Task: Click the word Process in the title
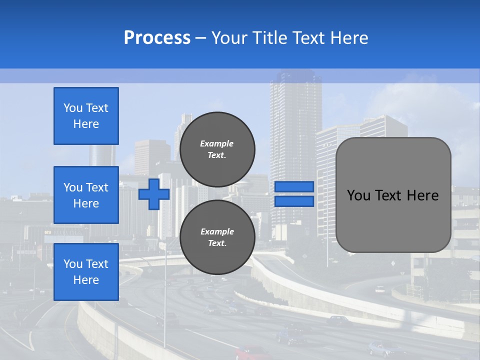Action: click(157, 37)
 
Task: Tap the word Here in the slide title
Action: click(348, 38)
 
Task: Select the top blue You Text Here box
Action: click(86, 116)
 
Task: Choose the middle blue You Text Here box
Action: click(86, 195)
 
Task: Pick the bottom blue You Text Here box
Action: click(86, 272)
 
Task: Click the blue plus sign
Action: click(153, 194)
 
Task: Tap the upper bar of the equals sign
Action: click(294, 186)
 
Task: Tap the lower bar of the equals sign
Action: click(294, 201)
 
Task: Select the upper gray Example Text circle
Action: click(217, 149)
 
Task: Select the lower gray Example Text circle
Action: click(217, 237)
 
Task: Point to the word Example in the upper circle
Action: click(217, 143)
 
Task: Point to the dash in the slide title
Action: click(200, 38)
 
